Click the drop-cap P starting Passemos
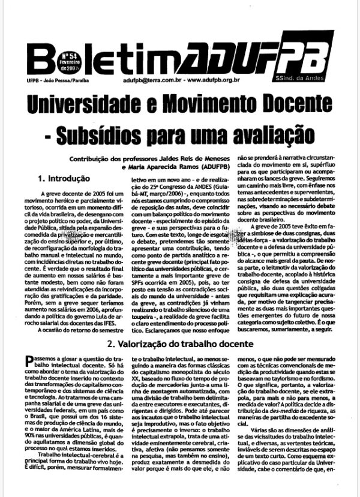pos(31,359)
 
